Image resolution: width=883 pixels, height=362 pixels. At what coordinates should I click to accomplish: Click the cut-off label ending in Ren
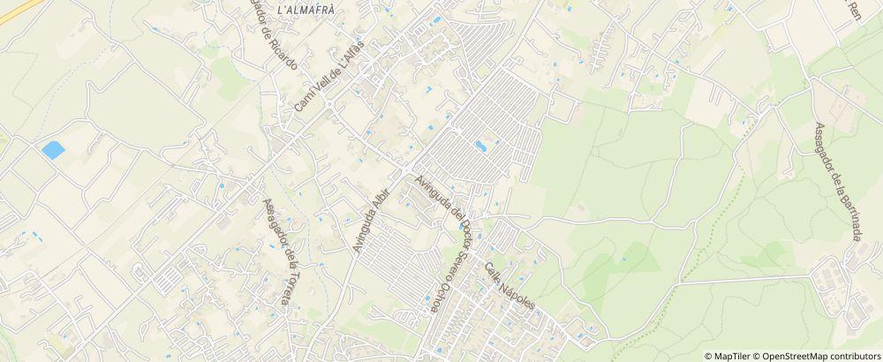(854, 11)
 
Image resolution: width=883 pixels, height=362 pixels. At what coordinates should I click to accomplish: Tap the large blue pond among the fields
(53, 150)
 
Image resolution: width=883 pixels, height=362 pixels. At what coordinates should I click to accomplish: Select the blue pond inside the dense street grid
(480, 145)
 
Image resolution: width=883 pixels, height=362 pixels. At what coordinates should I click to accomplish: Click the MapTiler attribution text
(731, 356)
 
